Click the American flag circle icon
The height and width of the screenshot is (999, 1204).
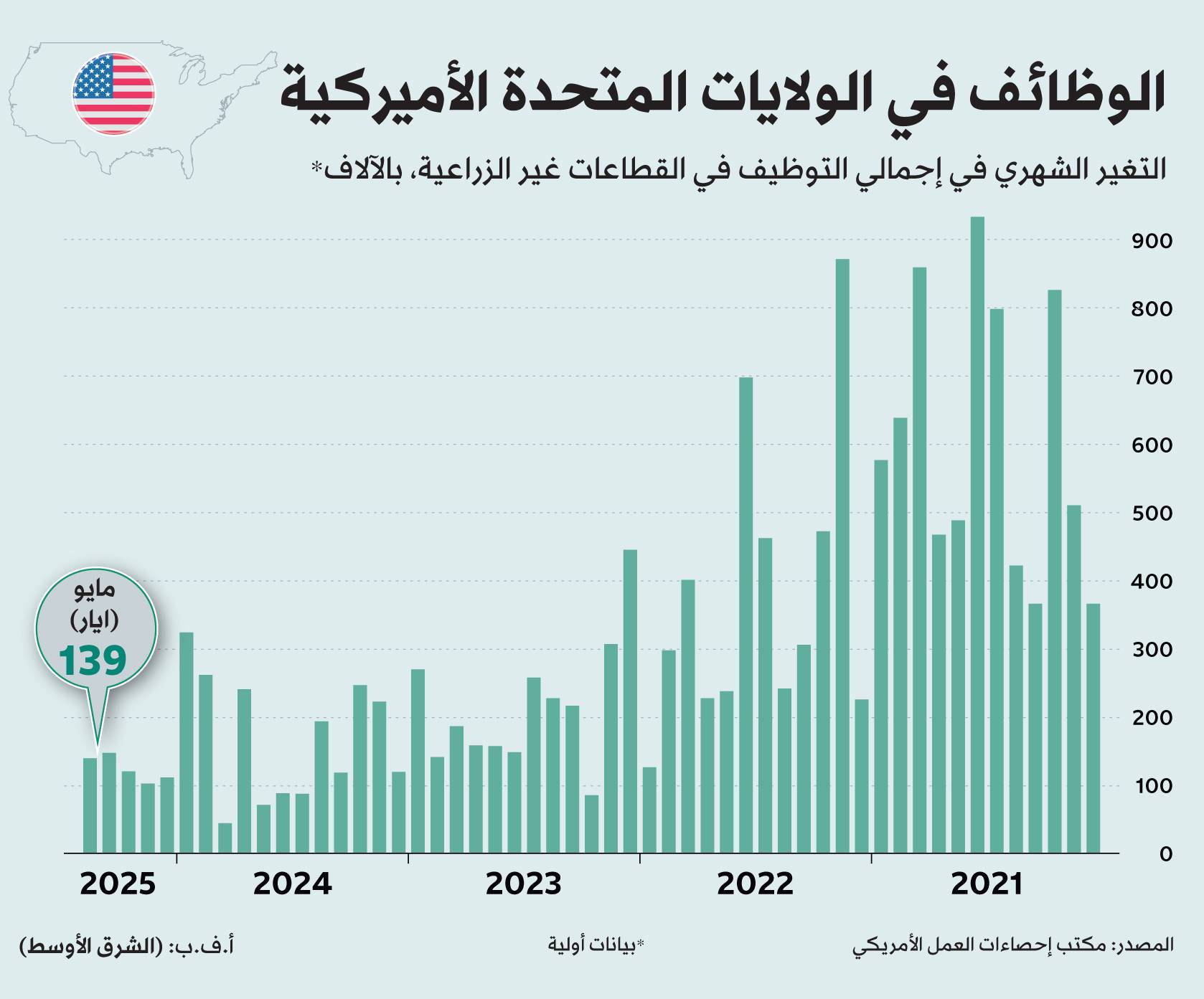point(113,93)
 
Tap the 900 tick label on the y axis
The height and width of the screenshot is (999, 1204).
point(1152,241)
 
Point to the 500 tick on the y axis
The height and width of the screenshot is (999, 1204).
point(1152,513)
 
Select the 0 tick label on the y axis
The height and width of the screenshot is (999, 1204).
point(1166,854)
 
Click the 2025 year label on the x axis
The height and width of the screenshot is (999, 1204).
point(118,884)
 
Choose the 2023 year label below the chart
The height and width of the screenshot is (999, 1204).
point(523,884)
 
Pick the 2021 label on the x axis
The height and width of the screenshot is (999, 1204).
point(986,884)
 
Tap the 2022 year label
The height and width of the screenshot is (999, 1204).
point(755,884)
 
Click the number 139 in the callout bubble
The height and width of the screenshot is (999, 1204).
point(93,661)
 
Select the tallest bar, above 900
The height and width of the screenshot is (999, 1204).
point(977,534)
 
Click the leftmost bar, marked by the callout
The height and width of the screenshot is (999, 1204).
point(90,805)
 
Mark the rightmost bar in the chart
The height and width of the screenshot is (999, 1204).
point(1093,728)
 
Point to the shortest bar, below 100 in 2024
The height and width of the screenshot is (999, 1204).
point(225,838)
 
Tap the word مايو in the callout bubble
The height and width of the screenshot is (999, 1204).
point(95,590)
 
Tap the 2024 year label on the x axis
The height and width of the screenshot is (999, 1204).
point(292,884)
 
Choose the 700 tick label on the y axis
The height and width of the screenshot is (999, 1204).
point(1152,377)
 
